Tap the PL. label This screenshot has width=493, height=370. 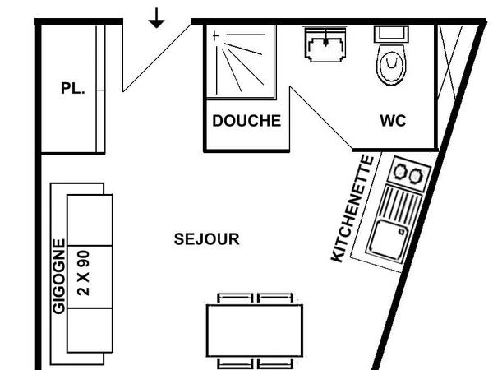click(x=73, y=89)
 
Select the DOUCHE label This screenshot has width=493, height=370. click(x=246, y=121)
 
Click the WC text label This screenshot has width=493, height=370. click(x=393, y=121)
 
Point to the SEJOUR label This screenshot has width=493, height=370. click(x=207, y=239)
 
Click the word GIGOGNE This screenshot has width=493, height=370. click(x=59, y=277)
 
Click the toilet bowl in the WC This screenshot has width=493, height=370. click(x=392, y=65)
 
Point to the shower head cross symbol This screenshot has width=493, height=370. click(x=216, y=36)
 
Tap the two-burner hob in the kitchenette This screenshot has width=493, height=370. click(x=408, y=173)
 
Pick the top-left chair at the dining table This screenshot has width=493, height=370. click(x=234, y=298)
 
